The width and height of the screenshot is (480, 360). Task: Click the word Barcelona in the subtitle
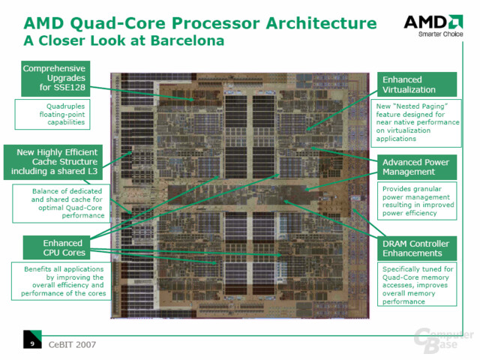tap(187, 40)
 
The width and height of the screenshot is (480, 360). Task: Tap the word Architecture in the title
tap(321, 23)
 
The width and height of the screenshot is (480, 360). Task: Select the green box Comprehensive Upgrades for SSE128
tap(55, 78)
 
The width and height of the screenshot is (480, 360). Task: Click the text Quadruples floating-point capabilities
tap(64, 114)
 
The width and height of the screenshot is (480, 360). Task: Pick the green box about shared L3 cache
tap(53, 162)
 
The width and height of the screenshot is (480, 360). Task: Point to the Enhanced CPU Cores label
tap(57, 247)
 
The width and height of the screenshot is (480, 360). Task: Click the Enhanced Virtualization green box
tap(417, 85)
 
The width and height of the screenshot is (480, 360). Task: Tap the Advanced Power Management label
tap(417, 167)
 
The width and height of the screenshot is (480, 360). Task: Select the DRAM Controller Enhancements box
tap(417, 248)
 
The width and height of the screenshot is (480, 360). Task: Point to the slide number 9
tap(32, 343)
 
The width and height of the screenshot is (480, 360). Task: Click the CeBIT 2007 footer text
tap(72, 345)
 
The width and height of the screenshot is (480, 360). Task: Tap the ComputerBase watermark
tap(444, 340)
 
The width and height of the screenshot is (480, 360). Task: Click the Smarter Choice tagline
tap(441, 34)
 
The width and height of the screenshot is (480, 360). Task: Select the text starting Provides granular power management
tap(418, 201)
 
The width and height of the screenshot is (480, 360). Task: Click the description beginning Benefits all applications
tap(64, 281)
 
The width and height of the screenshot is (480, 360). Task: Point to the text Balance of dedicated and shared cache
tap(67, 203)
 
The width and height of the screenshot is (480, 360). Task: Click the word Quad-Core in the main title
tap(119, 23)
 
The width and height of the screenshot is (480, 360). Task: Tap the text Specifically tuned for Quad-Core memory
tap(418, 285)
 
